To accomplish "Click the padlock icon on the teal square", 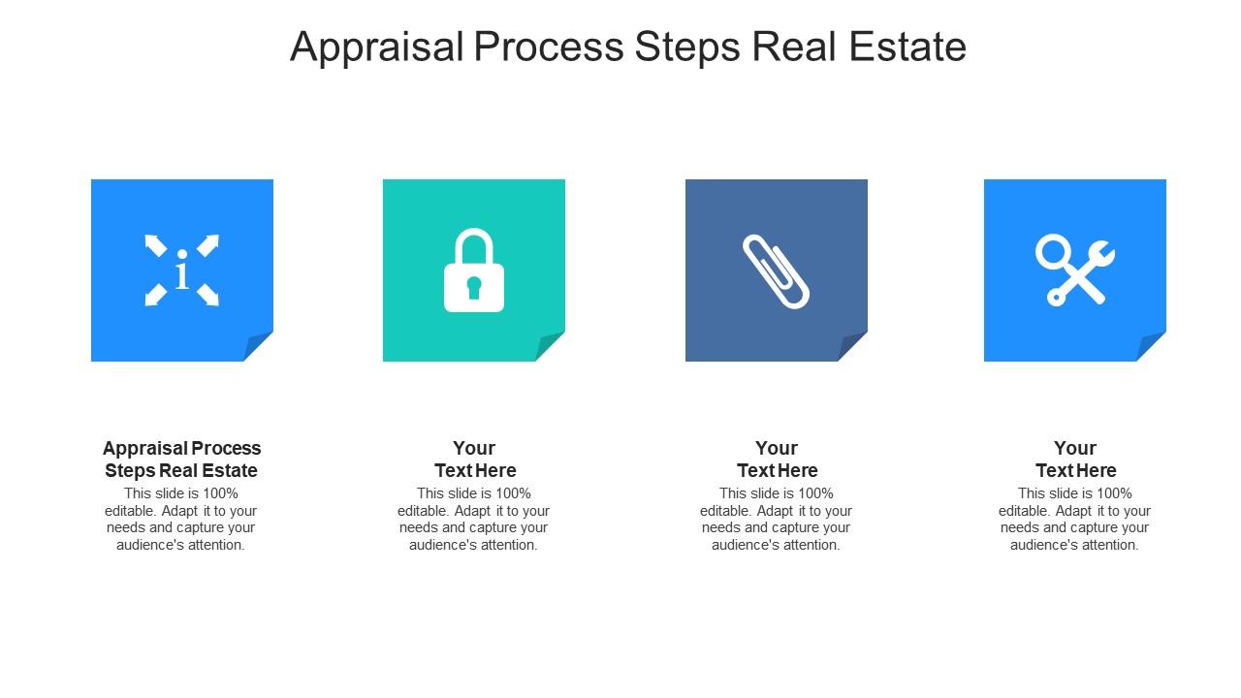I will point(474,271).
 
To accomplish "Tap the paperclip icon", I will point(776,270).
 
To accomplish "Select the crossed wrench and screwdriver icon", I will point(1074,270).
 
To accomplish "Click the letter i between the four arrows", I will point(181,273).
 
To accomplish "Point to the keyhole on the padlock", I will point(474,287).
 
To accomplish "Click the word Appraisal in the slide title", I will point(377,47).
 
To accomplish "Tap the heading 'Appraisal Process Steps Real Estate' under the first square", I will point(181,460).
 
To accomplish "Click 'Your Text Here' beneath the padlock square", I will point(474,460).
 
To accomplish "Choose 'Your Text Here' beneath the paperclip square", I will point(777,460).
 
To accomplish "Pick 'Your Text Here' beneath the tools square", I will point(1075,460).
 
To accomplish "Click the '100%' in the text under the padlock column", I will point(512,493).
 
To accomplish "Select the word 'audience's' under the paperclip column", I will point(744,545).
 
